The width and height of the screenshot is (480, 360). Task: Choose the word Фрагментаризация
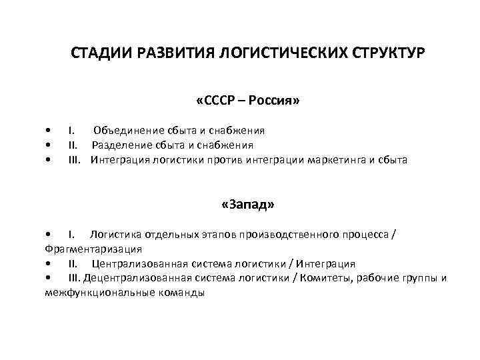coord(93,249)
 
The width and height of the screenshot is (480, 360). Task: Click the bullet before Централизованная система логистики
coord(49,265)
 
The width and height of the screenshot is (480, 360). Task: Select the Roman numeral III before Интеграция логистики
coord(74,160)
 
